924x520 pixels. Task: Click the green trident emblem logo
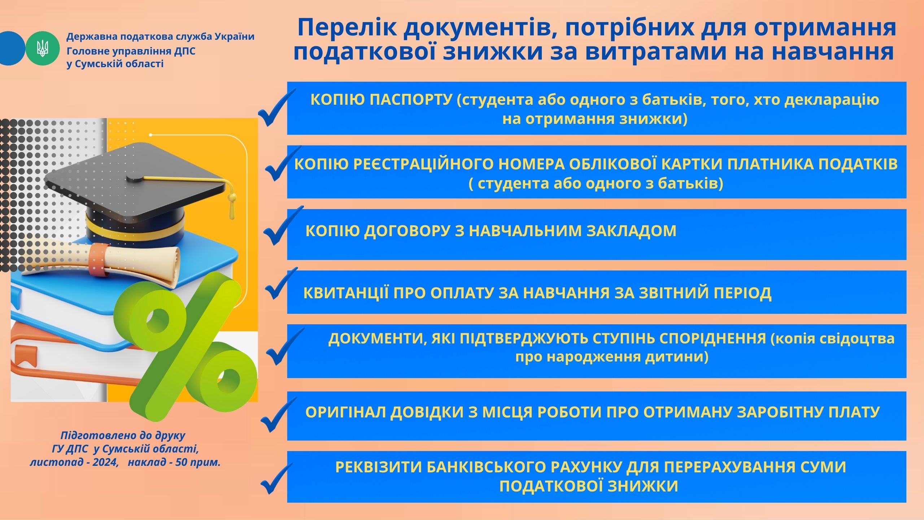coord(43,48)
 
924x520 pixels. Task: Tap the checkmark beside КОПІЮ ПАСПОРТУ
coord(276,108)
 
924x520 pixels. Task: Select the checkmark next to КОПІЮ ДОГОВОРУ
coord(283,226)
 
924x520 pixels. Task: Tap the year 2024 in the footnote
coord(104,463)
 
